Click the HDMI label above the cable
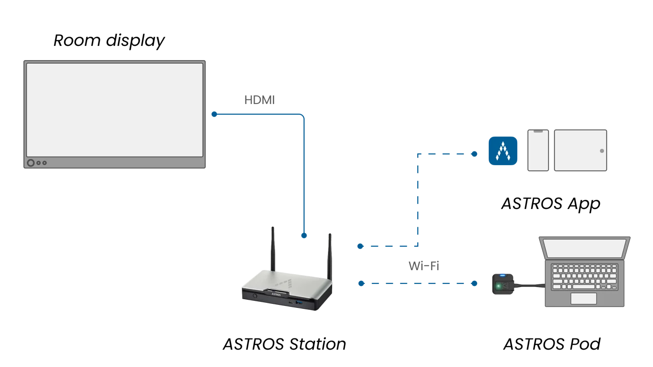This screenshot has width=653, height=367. [x=260, y=100]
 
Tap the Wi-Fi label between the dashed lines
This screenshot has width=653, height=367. [x=423, y=266]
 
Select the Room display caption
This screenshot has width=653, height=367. [x=109, y=40]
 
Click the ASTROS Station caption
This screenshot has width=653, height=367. [x=285, y=344]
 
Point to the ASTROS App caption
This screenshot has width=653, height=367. [x=550, y=203]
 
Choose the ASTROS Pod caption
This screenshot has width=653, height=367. [x=552, y=344]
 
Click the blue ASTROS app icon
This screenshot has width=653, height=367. [x=503, y=151]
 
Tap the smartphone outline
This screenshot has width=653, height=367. [x=538, y=150]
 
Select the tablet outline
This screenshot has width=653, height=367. [x=581, y=150]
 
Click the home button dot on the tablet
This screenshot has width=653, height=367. [x=602, y=151]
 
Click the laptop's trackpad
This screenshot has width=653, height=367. [x=584, y=299]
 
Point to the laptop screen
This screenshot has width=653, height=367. [x=585, y=248]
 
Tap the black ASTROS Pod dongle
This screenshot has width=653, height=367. [x=503, y=284]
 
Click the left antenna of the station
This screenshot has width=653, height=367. [x=273, y=249]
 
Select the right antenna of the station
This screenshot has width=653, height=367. [x=330, y=257]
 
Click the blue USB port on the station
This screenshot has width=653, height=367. [x=299, y=303]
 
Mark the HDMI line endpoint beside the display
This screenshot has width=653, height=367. [x=214, y=114]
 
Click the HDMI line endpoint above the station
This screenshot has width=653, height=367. [x=304, y=235]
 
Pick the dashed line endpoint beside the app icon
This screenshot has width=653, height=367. [x=474, y=154]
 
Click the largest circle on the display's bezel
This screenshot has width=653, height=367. [x=31, y=163]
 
